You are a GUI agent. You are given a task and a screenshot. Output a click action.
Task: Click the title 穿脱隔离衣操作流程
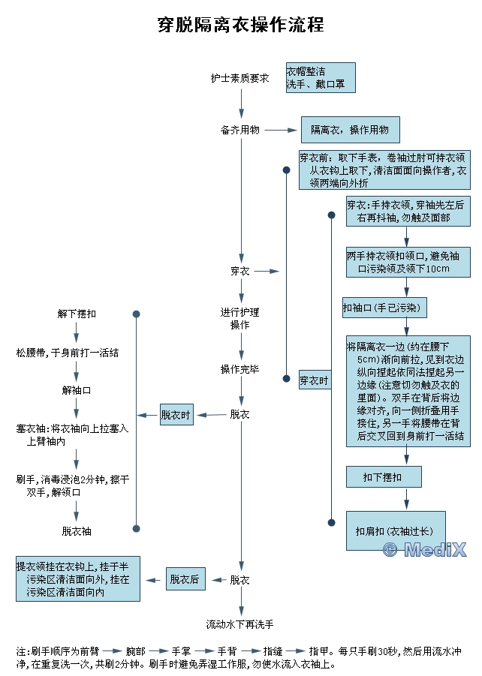[x=240, y=25]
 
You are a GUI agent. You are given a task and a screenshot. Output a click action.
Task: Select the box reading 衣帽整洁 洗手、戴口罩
[x=320, y=78]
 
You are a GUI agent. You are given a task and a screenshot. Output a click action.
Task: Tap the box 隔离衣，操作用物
[x=350, y=130]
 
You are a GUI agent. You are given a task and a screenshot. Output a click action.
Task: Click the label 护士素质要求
[x=239, y=78]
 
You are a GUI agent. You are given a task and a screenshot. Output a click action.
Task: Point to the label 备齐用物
[x=240, y=130]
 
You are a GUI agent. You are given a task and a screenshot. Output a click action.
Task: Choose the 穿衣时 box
[x=314, y=380]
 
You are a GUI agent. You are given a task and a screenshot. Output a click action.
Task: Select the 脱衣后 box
[x=185, y=579]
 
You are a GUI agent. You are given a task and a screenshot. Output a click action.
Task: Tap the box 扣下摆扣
[x=383, y=477]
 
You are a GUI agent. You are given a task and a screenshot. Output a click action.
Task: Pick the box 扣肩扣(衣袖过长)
[x=395, y=530]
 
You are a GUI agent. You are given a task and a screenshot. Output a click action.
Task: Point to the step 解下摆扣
[x=77, y=314]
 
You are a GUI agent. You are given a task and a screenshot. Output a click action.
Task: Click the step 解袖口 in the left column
[x=77, y=390]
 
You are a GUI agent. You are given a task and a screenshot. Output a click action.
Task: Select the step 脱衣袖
[x=77, y=531]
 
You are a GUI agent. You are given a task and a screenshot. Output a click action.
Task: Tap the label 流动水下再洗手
[x=240, y=624]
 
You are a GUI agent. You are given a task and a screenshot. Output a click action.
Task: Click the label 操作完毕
[x=240, y=369]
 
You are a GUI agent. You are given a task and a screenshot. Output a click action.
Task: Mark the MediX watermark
[x=424, y=550]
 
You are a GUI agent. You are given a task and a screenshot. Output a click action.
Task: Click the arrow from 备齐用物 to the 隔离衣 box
[x=282, y=130]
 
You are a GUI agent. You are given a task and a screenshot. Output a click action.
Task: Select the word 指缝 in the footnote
[x=273, y=650]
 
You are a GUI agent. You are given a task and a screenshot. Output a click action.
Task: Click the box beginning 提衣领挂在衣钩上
[x=78, y=579]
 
